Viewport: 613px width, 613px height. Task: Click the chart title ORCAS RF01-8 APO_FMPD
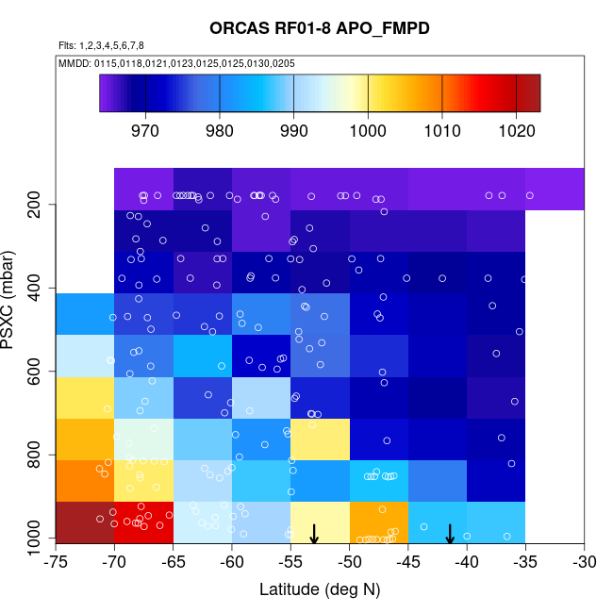[x=320, y=28]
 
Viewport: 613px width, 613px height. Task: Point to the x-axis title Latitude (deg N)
[x=320, y=590]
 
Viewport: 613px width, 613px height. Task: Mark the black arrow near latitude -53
[x=314, y=534]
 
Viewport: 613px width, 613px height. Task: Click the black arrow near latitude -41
[x=450, y=534]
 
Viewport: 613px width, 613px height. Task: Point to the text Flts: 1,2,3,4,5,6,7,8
[x=101, y=45]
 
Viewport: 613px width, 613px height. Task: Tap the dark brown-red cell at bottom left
[x=85, y=522]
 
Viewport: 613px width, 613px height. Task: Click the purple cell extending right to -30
[x=555, y=189]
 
